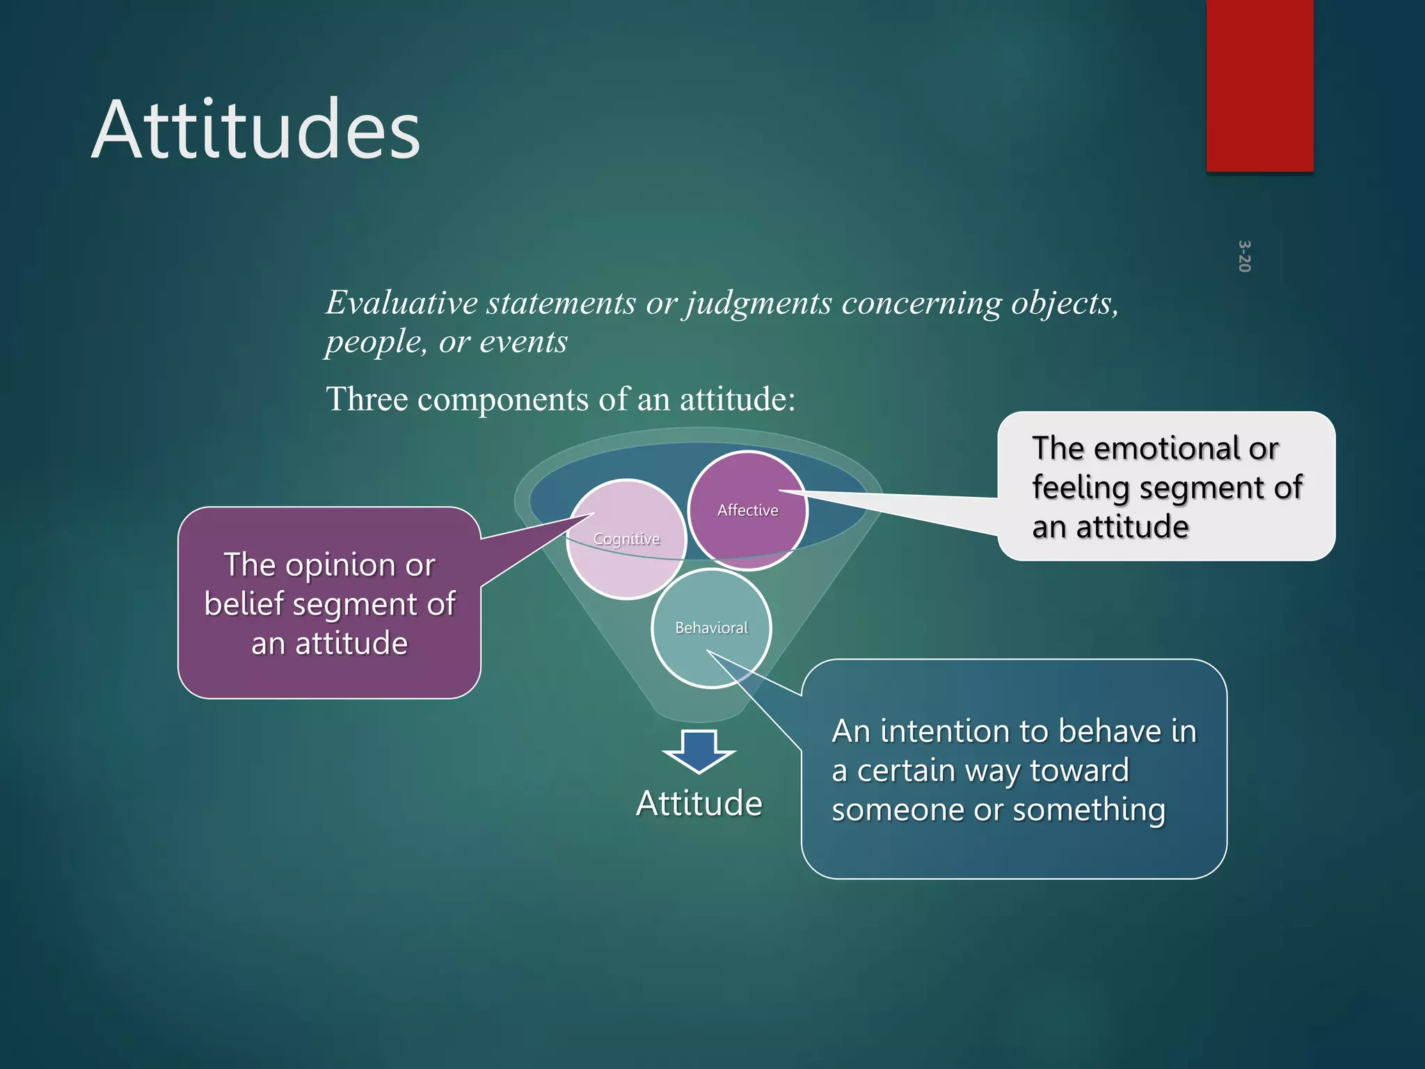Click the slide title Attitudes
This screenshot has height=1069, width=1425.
(x=255, y=130)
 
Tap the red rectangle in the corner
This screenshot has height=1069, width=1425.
(x=1259, y=85)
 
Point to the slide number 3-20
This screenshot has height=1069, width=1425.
(x=1244, y=256)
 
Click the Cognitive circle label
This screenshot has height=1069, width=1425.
(x=626, y=539)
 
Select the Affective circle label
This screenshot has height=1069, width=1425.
(x=747, y=510)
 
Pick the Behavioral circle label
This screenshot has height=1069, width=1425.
(x=711, y=628)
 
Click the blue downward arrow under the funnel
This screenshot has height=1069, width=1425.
(x=699, y=751)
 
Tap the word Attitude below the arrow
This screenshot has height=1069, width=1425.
(x=699, y=803)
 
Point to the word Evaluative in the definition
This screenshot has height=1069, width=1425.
(x=401, y=303)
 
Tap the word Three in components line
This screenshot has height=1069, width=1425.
(x=367, y=399)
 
